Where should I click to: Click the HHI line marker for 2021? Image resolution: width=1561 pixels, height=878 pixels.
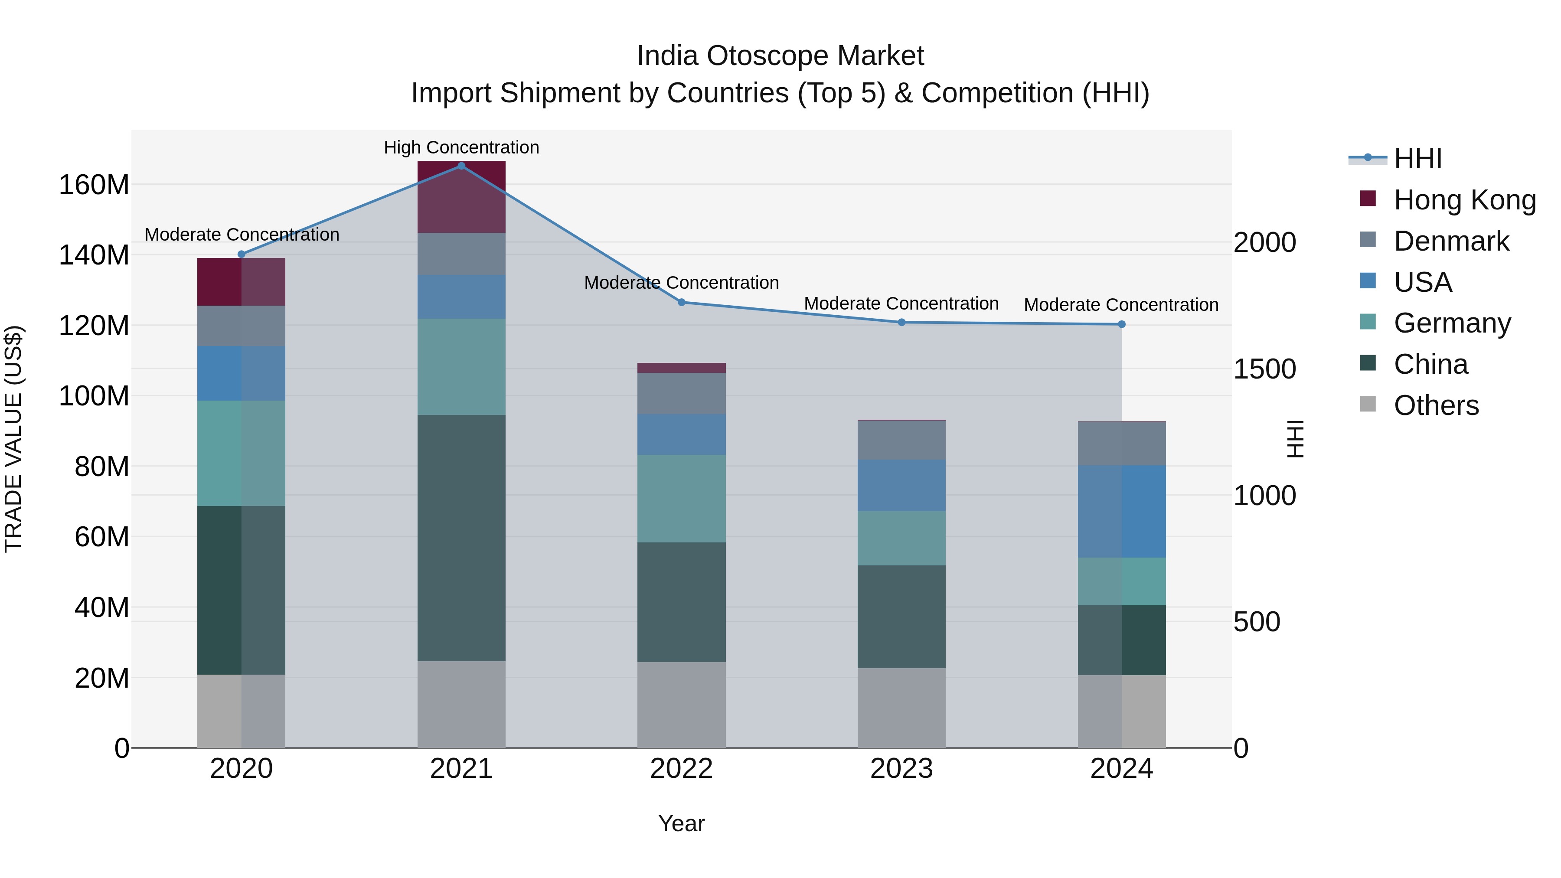point(461,166)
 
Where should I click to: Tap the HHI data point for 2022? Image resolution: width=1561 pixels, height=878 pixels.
point(681,302)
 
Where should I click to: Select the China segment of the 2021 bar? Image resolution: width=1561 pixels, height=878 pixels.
point(461,538)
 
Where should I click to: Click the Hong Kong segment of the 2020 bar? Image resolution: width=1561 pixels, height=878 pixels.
point(241,282)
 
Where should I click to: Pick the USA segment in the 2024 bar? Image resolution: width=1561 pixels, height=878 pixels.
point(1122,512)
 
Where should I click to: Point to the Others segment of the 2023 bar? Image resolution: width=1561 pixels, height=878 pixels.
point(901,708)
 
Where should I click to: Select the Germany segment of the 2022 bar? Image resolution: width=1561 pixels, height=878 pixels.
point(681,498)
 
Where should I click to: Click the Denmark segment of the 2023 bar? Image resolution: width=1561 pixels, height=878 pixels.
point(901,440)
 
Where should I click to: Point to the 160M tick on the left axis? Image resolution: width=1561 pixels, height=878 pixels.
point(94,185)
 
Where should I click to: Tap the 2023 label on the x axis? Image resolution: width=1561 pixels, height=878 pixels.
point(901,769)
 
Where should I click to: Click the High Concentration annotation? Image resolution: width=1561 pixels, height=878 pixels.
point(461,147)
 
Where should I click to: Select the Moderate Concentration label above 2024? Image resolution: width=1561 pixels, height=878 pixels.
point(1121,305)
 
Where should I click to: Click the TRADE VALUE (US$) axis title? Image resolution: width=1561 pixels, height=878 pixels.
point(13,439)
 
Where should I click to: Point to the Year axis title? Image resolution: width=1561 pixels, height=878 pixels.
point(681,823)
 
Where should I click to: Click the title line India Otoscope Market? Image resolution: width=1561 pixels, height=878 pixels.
point(780,56)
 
